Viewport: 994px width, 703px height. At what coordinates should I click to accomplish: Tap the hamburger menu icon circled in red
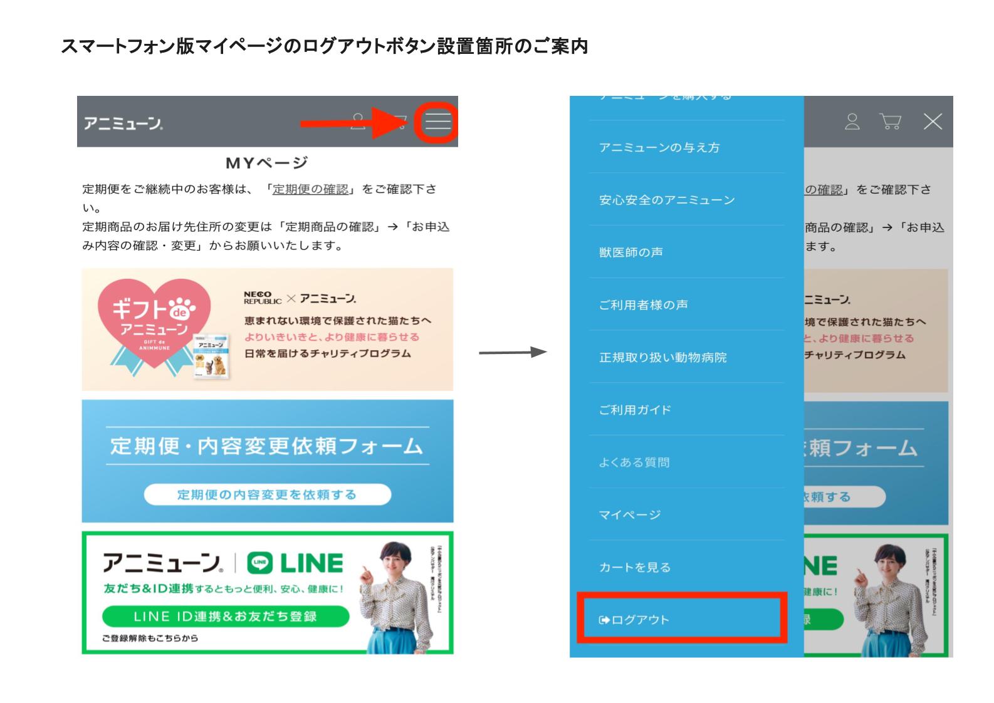click(x=438, y=121)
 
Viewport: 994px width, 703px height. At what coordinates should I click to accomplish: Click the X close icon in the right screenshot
click(x=933, y=122)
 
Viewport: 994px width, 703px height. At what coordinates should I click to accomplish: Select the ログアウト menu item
click(x=634, y=620)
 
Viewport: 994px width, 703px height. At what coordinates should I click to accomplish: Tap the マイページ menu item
click(x=629, y=515)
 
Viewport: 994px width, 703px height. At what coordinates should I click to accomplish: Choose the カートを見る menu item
click(x=634, y=568)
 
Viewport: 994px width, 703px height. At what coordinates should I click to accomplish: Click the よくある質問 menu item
click(x=634, y=462)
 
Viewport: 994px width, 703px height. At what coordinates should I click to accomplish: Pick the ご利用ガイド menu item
click(x=635, y=410)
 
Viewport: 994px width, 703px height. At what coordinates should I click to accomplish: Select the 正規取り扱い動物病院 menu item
click(x=662, y=357)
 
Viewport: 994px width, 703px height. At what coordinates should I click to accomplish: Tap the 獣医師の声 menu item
click(x=630, y=253)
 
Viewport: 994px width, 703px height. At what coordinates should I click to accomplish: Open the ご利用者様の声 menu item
click(x=643, y=305)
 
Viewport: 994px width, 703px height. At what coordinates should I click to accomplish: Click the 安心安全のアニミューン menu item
click(x=666, y=200)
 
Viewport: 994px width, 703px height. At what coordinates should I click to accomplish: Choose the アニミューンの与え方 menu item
click(x=659, y=148)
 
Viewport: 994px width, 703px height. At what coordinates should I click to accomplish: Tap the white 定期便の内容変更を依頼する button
click(x=267, y=495)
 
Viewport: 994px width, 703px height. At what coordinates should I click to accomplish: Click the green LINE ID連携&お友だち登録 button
click(x=225, y=617)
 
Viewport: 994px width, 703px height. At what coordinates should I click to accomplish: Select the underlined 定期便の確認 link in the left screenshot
click(x=310, y=189)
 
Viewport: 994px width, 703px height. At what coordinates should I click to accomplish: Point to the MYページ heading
click(x=267, y=164)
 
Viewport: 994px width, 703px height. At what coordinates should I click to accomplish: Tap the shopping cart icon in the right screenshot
click(x=890, y=122)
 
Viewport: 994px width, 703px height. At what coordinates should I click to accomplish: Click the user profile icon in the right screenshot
click(x=852, y=122)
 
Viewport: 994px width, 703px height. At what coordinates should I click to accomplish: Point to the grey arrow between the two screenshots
click(x=513, y=353)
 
